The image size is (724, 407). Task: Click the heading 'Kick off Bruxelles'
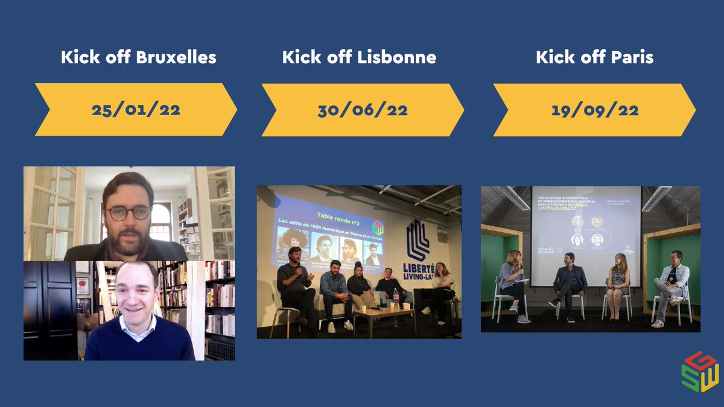click(x=138, y=58)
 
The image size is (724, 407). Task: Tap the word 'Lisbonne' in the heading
click(x=396, y=58)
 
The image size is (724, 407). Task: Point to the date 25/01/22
click(x=136, y=110)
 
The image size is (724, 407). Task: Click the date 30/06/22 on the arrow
click(x=362, y=110)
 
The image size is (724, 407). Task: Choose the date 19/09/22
click(x=594, y=110)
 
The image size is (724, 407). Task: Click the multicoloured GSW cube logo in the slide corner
click(x=700, y=371)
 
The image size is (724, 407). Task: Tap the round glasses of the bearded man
click(x=127, y=213)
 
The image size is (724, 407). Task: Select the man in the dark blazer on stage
click(x=569, y=283)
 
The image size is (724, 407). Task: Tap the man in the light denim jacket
click(x=673, y=283)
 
